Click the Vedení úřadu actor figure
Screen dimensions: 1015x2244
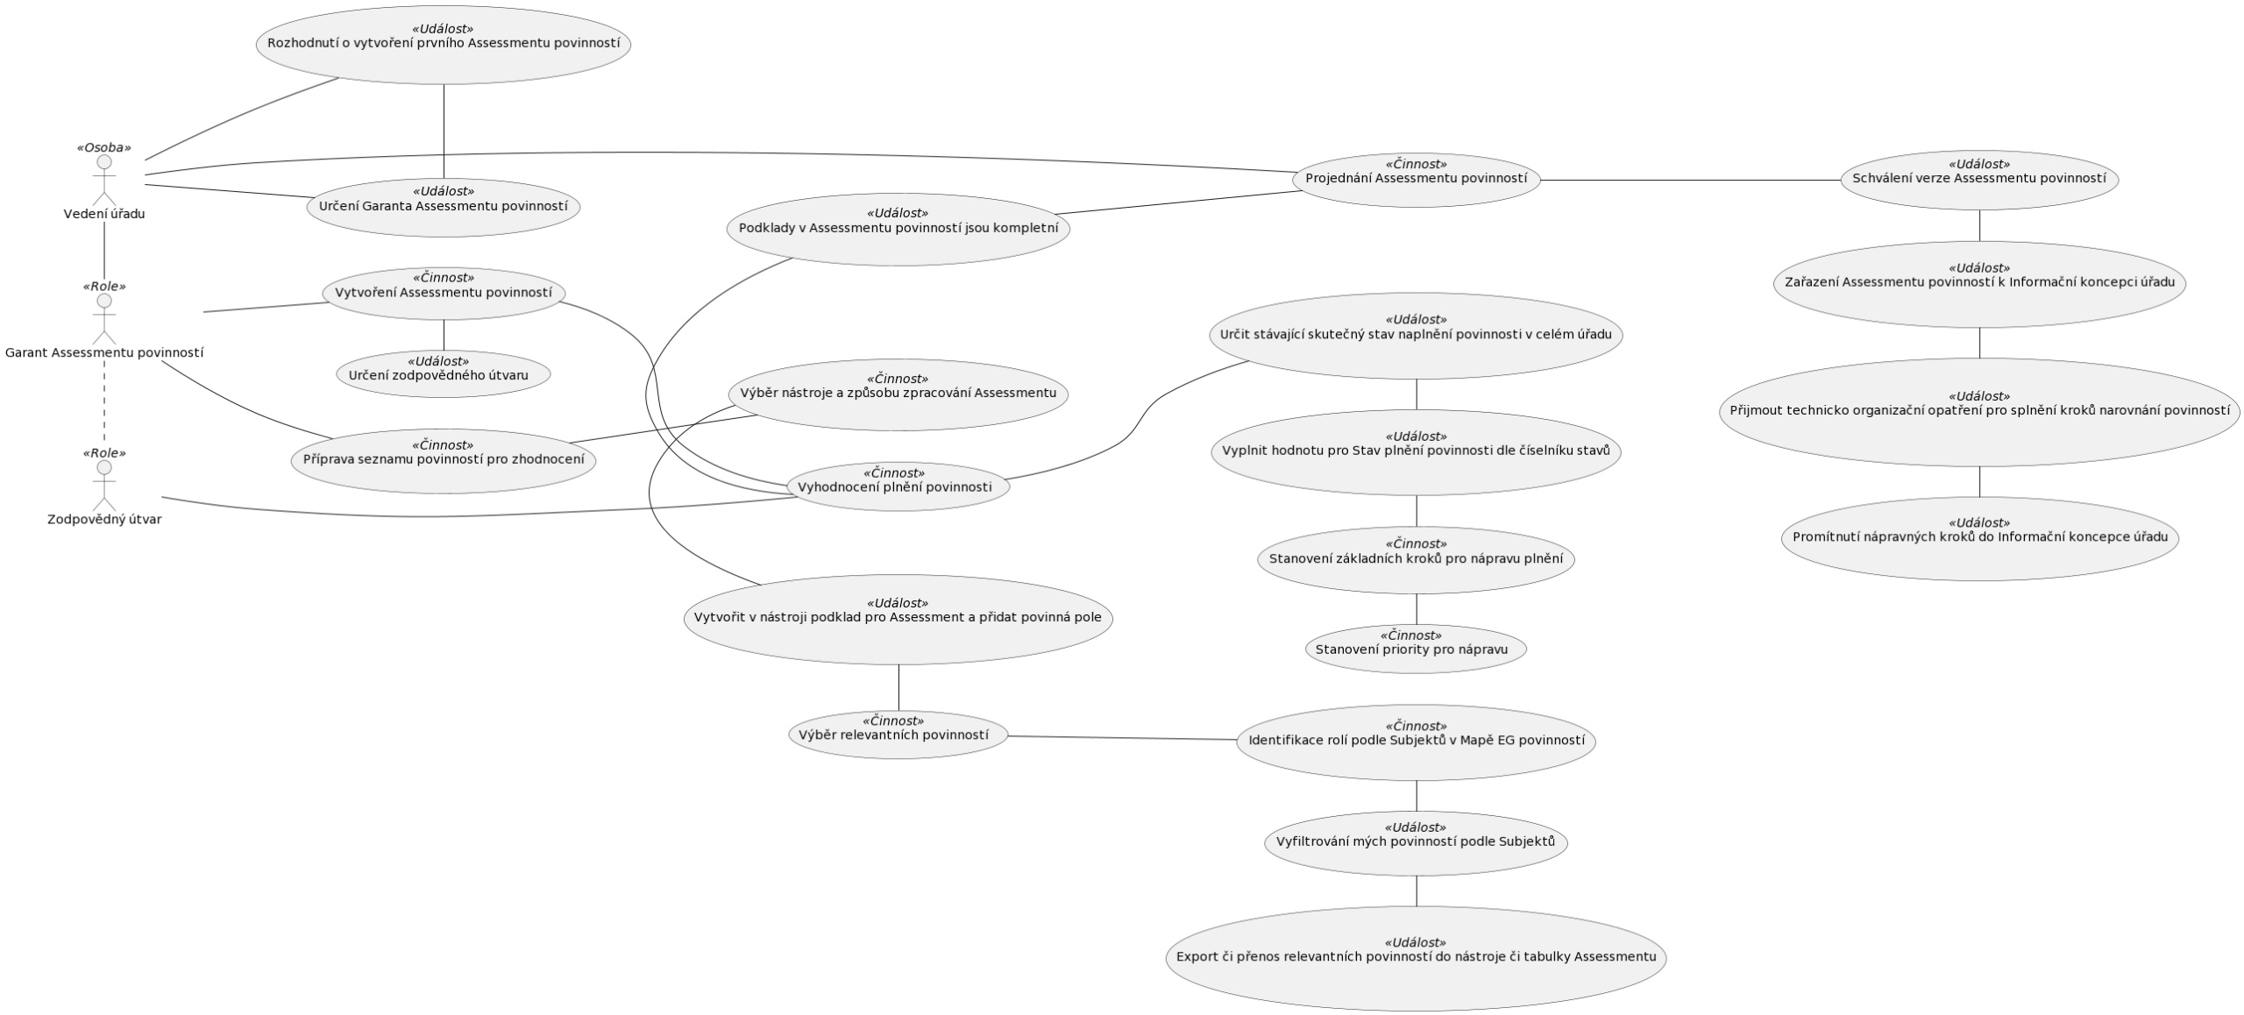[x=104, y=181]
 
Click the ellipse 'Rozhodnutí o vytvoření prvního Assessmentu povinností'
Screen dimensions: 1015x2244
[x=444, y=45]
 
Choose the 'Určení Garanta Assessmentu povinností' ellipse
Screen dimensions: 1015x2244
[x=444, y=207]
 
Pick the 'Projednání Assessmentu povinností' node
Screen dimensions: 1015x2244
[x=1416, y=180]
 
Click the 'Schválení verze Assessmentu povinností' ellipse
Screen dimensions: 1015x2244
[x=1979, y=180]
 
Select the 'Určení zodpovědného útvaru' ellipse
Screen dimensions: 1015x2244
[x=444, y=374]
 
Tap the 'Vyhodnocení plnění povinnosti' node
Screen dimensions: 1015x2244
[x=898, y=486]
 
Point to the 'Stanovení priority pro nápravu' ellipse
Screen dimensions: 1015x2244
[x=1416, y=649]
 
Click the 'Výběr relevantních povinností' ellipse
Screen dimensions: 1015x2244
[x=898, y=735]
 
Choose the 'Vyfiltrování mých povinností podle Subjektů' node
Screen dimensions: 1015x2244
[x=1416, y=842]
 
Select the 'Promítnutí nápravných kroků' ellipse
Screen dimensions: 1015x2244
[x=1979, y=537]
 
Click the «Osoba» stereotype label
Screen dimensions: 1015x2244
[x=104, y=147]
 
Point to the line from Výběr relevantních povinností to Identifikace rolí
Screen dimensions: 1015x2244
[x=1122, y=738]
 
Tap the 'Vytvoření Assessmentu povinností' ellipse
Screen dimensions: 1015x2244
[x=444, y=293]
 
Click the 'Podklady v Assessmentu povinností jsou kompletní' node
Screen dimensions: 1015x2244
[x=898, y=229]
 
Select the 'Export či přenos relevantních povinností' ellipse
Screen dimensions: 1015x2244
[x=1416, y=957]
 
